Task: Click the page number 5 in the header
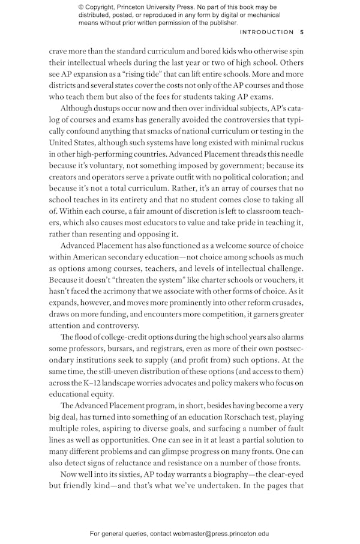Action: point(302,32)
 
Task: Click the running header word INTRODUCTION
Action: point(266,32)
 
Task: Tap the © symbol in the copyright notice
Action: point(82,7)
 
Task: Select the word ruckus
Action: point(289,142)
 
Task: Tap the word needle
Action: point(290,154)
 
